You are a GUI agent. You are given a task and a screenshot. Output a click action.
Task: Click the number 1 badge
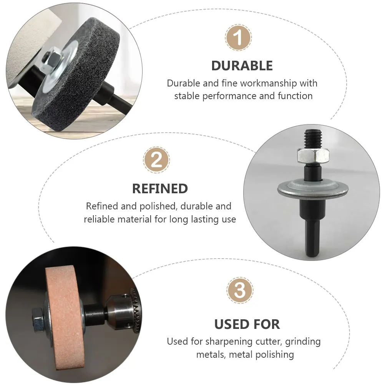238,38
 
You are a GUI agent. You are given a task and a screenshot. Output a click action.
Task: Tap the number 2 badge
157,160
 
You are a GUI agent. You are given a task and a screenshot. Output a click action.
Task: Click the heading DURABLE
242,66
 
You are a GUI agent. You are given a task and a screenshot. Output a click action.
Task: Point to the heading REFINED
160,189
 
